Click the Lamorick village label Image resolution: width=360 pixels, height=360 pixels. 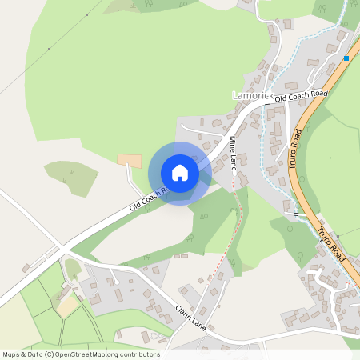click(253, 96)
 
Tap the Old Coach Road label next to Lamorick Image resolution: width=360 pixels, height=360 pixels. click(302, 97)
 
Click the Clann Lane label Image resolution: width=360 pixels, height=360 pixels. click(188, 317)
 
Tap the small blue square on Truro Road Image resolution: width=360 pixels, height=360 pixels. click(346, 58)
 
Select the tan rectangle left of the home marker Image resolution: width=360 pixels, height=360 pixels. click(130, 160)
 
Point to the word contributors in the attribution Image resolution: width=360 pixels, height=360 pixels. click(142, 354)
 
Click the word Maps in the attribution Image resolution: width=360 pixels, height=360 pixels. click(11, 354)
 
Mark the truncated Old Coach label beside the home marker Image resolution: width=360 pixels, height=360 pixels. click(149, 201)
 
